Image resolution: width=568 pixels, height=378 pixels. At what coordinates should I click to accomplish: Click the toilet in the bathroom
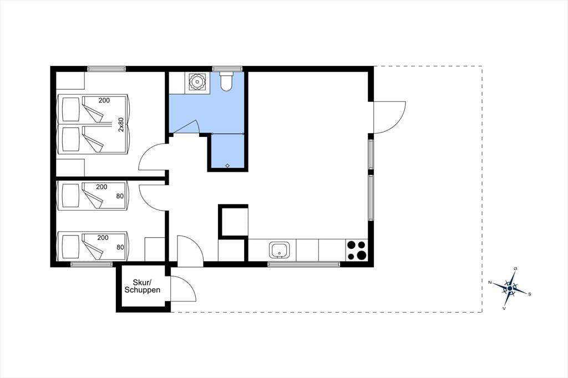click(x=227, y=81)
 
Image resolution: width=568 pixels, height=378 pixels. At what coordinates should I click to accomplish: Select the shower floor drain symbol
click(x=227, y=166)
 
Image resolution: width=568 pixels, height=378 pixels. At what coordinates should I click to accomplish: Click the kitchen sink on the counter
click(x=279, y=250)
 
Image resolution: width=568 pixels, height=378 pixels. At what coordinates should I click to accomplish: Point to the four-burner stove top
click(x=357, y=250)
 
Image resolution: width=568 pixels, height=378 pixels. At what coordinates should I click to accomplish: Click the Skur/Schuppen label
click(x=143, y=286)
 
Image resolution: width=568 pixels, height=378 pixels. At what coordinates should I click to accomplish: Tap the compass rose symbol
click(x=510, y=288)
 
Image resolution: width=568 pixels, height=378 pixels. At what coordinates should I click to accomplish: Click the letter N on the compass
click(x=490, y=283)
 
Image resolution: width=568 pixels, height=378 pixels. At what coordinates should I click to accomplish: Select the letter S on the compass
click(x=530, y=294)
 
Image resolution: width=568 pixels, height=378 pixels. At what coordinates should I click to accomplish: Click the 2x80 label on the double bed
click(x=121, y=124)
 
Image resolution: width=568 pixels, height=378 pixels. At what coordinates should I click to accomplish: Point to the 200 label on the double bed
click(x=104, y=100)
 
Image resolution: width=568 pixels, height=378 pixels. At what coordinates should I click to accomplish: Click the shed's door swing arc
click(x=184, y=288)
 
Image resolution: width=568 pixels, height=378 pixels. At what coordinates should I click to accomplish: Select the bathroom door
click(x=185, y=126)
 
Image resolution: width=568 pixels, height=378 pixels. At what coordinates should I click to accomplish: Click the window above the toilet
click(x=227, y=68)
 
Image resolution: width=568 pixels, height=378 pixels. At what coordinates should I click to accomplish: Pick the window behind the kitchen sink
click(x=303, y=264)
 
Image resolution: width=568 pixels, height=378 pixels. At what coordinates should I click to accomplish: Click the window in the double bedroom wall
click(x=106, y=68)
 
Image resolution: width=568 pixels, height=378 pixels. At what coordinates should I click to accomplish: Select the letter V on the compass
click(x=504, y=309)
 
